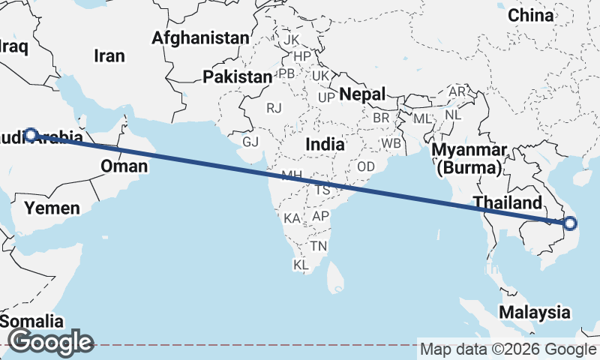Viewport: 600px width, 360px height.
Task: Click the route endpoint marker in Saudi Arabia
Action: coord(31,135)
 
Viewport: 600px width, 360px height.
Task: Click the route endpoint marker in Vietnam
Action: coord(570,223)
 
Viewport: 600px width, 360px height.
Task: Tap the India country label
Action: coord(325,144)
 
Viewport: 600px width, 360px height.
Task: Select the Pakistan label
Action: coord(237,76)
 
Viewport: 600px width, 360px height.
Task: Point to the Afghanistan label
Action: coord(199,37)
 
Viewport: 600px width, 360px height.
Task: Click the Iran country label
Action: coord(109,55)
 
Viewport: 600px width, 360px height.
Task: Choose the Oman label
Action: coord(124,166)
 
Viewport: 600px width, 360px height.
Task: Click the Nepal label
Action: coord(361,94)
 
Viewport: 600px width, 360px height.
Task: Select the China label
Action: coord(530,15)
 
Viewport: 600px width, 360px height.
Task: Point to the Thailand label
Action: coord(507,203)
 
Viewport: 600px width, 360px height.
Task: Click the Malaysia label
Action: coord(535,312)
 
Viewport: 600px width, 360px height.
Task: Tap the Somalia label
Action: coord(31,321)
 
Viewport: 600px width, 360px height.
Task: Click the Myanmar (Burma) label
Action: coord(470,159)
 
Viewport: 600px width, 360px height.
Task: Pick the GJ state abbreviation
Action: coord(250,142)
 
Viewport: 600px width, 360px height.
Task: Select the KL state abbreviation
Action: coord(301,265)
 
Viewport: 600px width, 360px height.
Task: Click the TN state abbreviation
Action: coord(319,246)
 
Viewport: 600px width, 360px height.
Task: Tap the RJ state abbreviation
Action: coord(274,108)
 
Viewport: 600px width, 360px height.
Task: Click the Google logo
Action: coord(50,343)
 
